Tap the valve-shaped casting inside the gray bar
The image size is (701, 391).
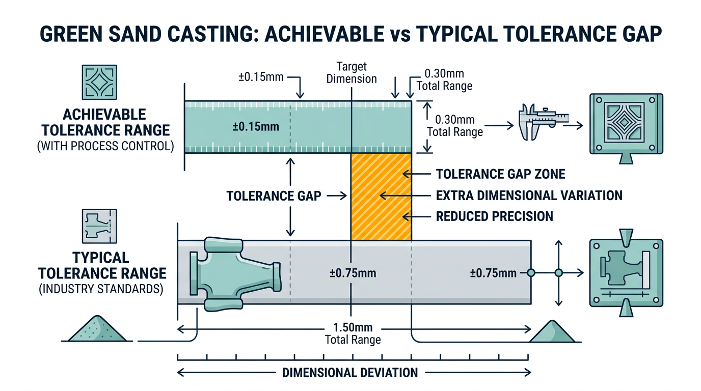[x=234, y=273]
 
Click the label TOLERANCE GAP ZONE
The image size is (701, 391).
[x=501, y=174]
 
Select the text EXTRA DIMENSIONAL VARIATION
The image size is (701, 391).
[x=529, y=195]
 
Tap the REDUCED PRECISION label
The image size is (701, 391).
[x=494, y=216]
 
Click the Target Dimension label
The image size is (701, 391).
[x=352, y=72]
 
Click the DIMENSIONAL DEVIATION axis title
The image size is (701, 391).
[x=350, y=373]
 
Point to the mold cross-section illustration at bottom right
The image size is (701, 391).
[x=625, y=273]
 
